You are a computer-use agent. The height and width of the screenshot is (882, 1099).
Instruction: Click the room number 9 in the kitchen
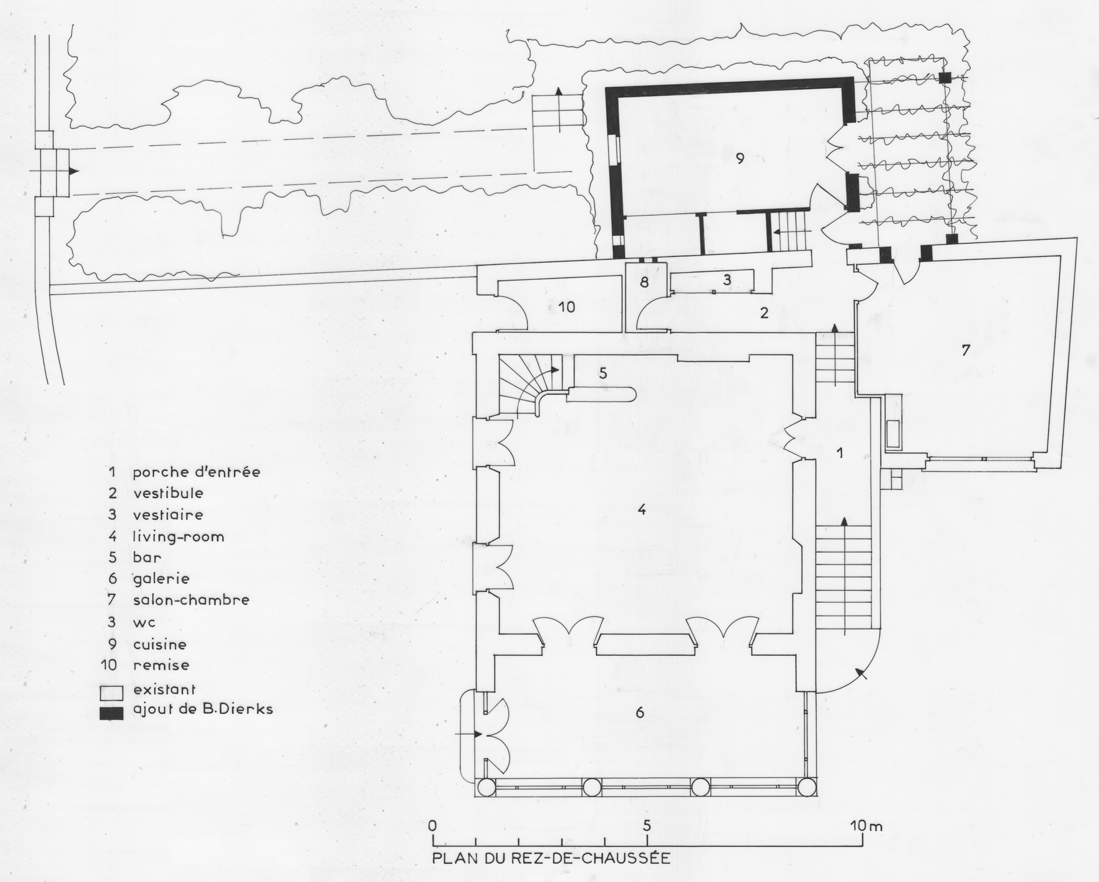pos(739,158)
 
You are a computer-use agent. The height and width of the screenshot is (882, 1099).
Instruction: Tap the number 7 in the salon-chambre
pos(965,350)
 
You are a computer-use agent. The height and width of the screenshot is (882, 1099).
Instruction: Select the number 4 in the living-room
pos(642,509)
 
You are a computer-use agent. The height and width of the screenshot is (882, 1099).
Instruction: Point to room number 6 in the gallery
pos(640,713)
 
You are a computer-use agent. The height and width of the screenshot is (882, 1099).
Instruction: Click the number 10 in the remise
pos(567,306)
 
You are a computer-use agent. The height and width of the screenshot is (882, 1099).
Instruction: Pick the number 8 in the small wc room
pos(644,282)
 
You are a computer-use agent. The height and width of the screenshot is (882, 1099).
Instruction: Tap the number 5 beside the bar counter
pos(603,373)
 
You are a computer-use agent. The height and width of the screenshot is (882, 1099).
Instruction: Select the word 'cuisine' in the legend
pos(160,644)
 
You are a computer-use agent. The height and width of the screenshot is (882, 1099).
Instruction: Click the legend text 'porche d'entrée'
pos(196,472)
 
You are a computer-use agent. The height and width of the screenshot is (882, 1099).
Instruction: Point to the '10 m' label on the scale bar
pos(866,826)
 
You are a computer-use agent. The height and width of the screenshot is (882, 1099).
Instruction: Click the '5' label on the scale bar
pos(647,825)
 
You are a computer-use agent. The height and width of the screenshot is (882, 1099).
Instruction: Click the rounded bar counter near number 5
pos(601,394)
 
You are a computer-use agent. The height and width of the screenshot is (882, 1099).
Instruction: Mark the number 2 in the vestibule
pos(764,313)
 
